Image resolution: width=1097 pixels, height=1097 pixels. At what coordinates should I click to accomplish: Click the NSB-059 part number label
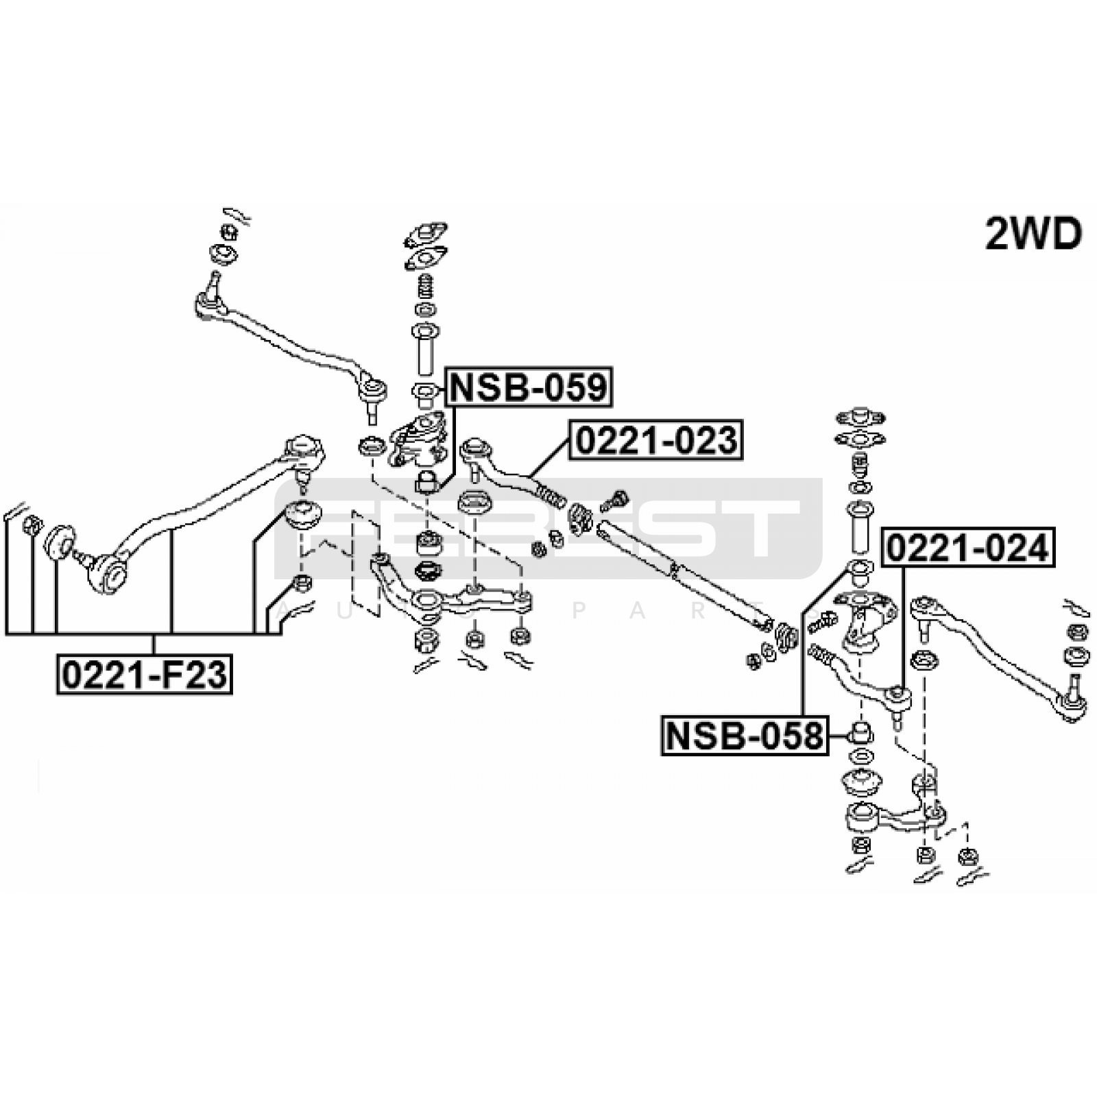(529, 388)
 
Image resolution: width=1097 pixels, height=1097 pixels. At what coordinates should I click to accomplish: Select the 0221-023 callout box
(656, 440)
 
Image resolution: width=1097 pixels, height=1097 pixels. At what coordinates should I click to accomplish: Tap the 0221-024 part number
(967, 548)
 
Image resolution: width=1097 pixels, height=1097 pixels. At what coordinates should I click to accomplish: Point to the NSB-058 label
(744, 736)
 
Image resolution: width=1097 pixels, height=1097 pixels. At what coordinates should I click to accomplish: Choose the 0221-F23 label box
(145, 675)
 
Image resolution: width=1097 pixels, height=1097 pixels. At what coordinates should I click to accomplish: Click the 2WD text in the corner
(1033, 234)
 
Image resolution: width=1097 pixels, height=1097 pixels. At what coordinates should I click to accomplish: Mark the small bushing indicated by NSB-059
(426, 482)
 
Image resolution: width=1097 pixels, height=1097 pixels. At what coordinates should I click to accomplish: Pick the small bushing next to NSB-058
(860, 732)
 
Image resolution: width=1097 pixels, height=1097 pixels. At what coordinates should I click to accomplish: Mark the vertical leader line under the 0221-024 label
(904, 624)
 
